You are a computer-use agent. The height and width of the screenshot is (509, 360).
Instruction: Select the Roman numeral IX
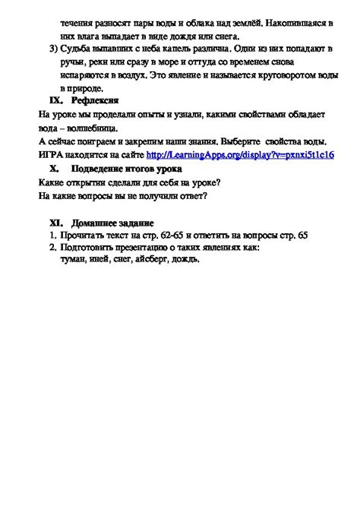pyautogui.click(x=54, y=100)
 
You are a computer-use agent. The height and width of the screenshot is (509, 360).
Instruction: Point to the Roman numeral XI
pyautogui.click(x=55, y=223)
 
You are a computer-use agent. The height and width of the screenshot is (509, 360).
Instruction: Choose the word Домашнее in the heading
pyautogui.click(x=96, y=223)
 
